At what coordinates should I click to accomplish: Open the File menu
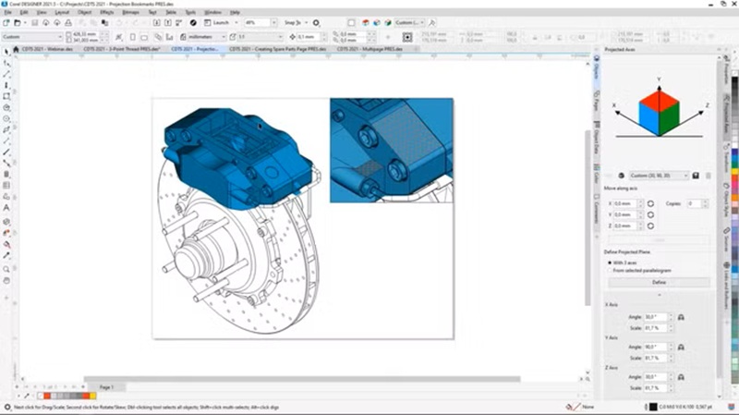[7, 12]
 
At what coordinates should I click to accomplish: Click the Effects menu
[107, 12]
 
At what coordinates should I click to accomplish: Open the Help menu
[235, 12]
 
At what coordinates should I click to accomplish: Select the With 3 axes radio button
[610, 262]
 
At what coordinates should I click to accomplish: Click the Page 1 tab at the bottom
[106, 386]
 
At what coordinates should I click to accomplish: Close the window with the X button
[731, 4]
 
